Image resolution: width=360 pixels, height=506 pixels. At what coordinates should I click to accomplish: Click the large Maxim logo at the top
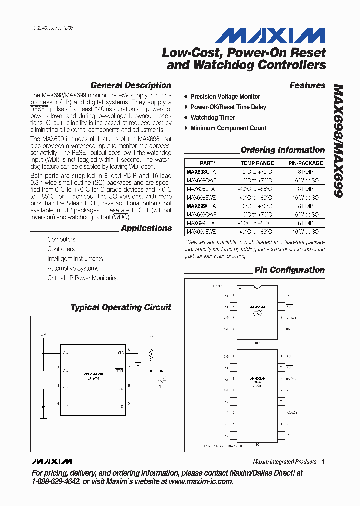pyautogui.click(x=270, y=35)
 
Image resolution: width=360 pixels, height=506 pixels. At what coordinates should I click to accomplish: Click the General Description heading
pyautogui.click(x=131, y=85)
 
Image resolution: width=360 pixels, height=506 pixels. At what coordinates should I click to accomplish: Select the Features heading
pyautogui.click(x=307, y=85)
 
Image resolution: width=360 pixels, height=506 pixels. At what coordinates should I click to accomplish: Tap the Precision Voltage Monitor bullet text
pyautogui.click(x=225, y=96)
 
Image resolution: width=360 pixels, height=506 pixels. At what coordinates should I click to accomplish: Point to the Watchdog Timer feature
pyautogui.click(x=212, y=117)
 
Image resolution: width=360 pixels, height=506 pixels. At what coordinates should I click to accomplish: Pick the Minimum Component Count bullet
pyautogui.click(x=228, y=128)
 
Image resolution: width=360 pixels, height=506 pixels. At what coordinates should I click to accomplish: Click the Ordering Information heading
pyautogui.click(x=282, y=150)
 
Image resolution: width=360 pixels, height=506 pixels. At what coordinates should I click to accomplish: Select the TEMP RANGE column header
pyautogui.click(x=257, y=163)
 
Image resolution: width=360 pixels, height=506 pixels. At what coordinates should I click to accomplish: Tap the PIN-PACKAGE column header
pyautogui.click(x=305, y=163)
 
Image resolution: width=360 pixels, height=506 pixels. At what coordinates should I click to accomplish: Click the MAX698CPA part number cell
pyautogui.click(x=201, y=171)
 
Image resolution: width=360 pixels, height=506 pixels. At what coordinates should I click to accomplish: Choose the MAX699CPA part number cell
pyautogui.click(x=201, y=206)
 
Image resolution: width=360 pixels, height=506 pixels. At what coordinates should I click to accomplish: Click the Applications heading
pyautogui.click(x=146, y=228)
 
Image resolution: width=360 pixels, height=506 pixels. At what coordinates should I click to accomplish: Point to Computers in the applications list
pyautogui.click(x=61, y=240)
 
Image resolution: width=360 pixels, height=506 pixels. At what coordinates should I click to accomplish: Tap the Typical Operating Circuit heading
pyautogui.click(x=121, y=307)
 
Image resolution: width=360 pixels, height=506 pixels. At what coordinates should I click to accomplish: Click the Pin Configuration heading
pyautogui.click(x=289, y=270)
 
